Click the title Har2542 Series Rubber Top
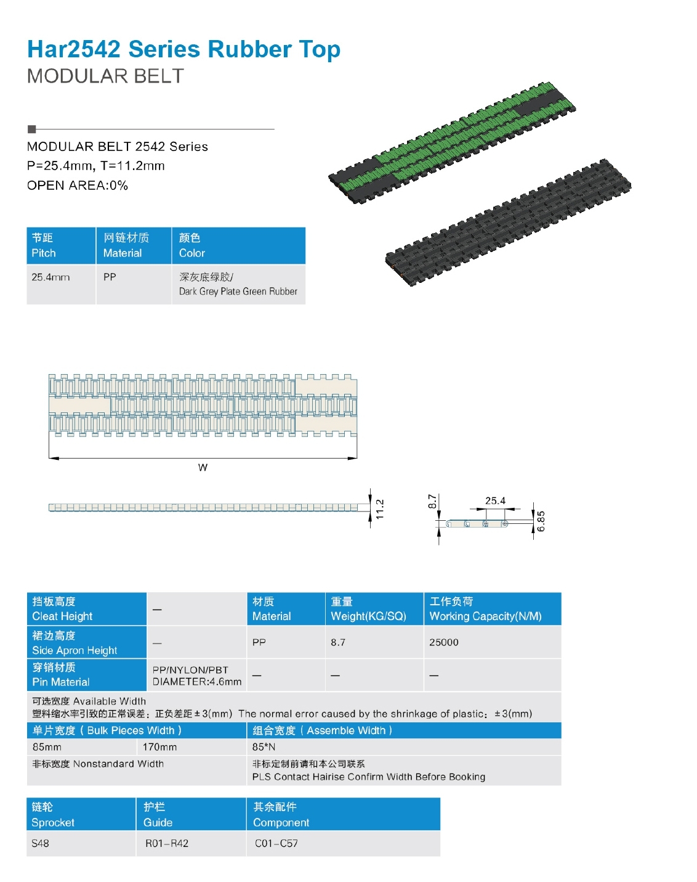click(183, 50)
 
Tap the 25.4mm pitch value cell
click(61, 284)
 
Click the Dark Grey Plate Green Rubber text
click(238, 292)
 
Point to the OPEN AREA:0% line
click(78, 186)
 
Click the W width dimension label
click(203, 468)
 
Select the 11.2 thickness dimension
click(380, 509)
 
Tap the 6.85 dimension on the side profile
click(541, 521)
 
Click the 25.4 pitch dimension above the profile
click(495, 501)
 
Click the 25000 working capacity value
click(444, 642)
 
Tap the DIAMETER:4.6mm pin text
click(197, 682)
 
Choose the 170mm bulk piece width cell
click(159, 747)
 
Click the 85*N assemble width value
click(264, 747)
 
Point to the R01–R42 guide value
click(167, 843)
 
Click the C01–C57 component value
click(276, 843)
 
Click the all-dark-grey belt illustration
click(508, 223)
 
